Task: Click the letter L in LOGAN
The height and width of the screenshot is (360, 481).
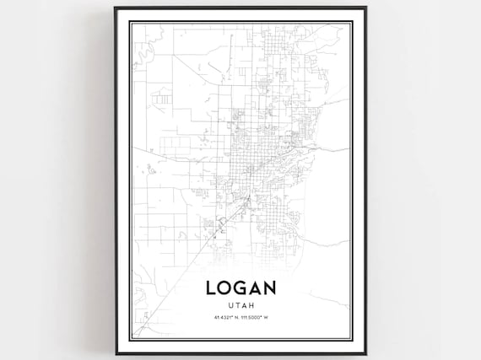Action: point(211,288)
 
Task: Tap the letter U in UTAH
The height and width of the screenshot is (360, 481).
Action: point(230,304)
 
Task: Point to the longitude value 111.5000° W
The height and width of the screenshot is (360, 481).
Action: point(255,318)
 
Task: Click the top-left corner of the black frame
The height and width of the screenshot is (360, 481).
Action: point(115,8)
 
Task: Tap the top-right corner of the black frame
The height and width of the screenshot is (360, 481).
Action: point(365,8)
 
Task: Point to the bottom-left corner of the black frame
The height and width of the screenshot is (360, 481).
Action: point(115,353)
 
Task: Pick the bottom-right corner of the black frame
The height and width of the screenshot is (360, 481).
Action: point(365,353)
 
